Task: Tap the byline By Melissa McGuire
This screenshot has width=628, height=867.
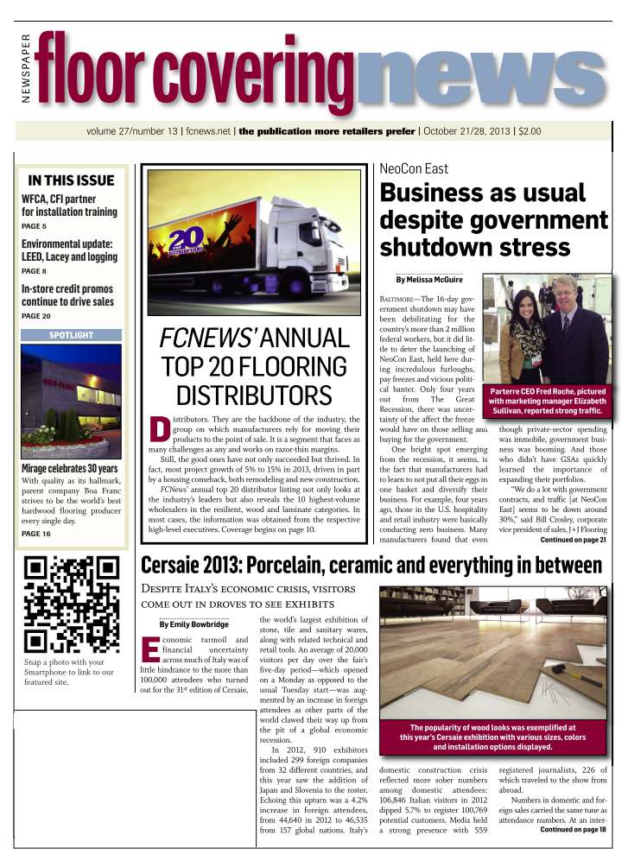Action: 429,280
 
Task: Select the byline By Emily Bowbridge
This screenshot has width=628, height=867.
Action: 193,624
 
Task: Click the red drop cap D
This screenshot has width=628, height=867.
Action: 158,430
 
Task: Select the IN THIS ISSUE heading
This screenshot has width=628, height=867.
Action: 71,180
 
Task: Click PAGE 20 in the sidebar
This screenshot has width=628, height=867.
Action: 36,316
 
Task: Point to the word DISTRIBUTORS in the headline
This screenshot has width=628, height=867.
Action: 254,396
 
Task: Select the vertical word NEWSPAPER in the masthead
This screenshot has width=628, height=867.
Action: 25,68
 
